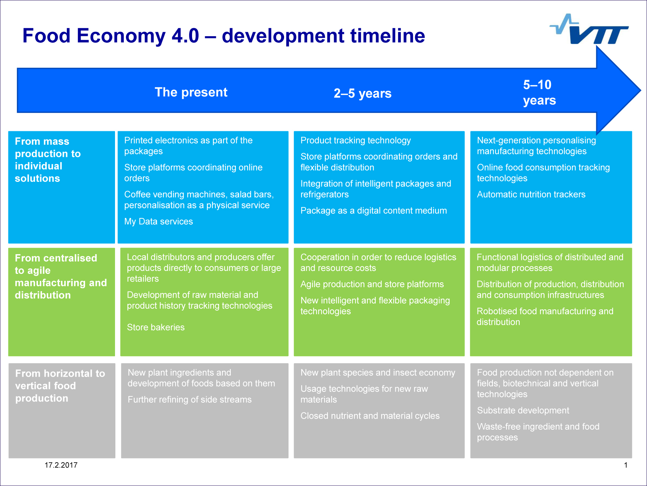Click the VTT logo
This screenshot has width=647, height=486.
point(589,29)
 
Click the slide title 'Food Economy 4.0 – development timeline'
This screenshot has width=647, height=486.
point(224,36)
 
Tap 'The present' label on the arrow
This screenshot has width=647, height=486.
point(191,92)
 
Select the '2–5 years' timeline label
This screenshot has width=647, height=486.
point(363,93)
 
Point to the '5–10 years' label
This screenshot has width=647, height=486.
point(539,92)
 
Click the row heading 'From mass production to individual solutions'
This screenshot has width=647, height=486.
point(48,160)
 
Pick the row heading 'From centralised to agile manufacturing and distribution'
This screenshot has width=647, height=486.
point(61,276)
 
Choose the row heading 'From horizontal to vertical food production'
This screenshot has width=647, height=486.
point(60,386)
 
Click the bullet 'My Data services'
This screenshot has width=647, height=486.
point(158,221)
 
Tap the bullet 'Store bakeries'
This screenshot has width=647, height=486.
point(156,327)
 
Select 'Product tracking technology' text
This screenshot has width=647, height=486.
point(356,140)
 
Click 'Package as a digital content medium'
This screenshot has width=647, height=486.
point(374,211)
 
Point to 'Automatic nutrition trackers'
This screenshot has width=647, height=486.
point(531,195)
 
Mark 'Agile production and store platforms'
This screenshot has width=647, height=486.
point(372,284)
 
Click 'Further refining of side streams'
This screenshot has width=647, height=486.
point(189,399)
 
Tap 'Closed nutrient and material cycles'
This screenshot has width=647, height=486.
point(370,416)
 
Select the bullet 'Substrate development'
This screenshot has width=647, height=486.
point(523,410)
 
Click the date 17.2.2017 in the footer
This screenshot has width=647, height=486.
point(61,465)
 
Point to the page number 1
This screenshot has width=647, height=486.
point(625,465)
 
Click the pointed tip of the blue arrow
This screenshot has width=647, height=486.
point(640,90)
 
